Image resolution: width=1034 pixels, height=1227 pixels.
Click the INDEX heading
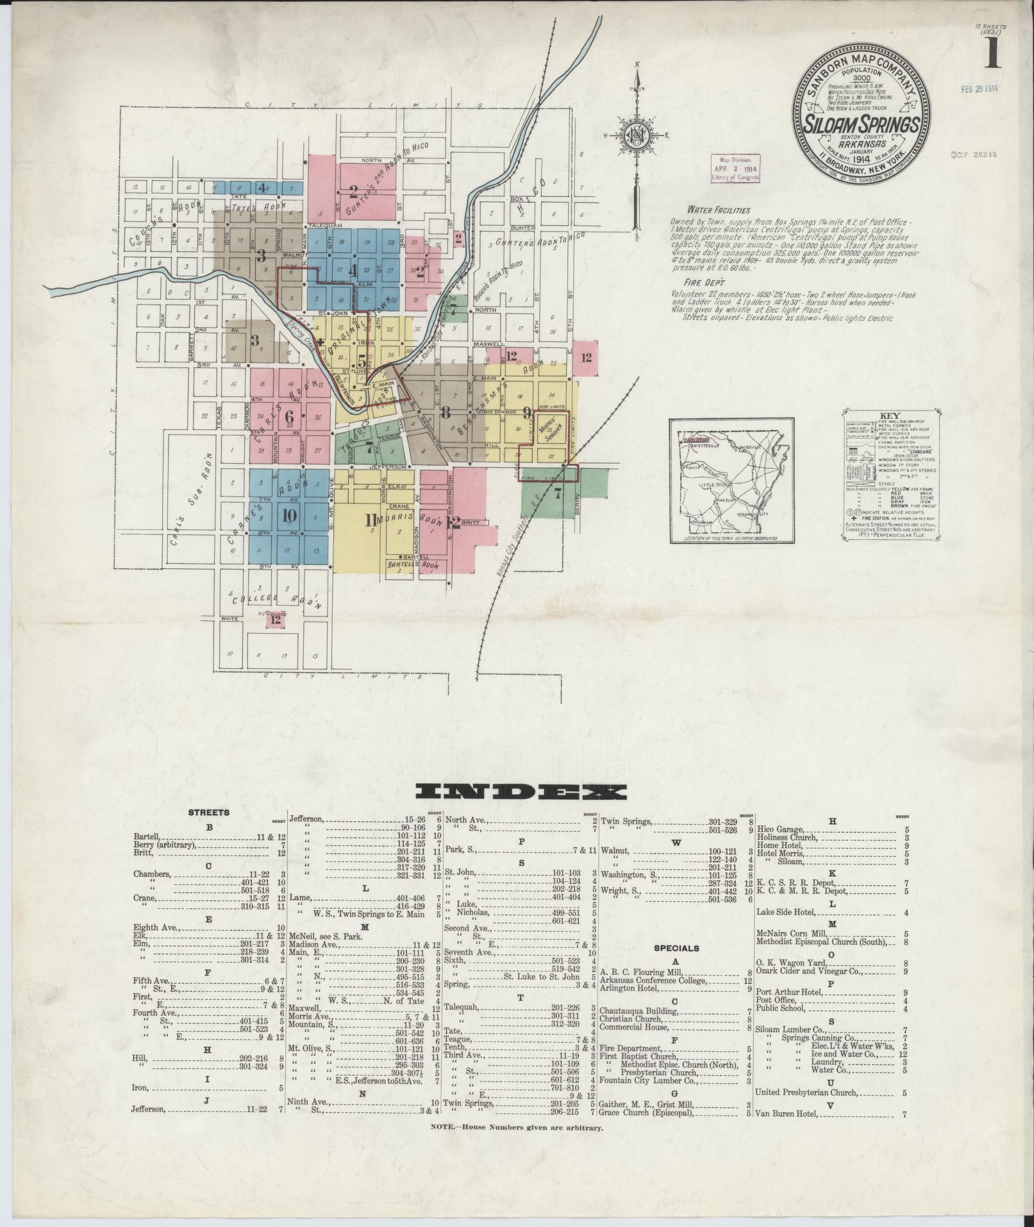520,791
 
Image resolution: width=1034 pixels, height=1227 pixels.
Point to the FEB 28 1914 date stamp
980,90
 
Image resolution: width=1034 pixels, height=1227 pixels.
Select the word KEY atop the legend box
890,415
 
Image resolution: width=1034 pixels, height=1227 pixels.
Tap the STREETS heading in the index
209,813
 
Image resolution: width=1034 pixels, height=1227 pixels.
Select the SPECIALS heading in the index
676,948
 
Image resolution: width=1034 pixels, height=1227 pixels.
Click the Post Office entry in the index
776,1018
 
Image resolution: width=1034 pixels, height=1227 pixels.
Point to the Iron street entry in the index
140,1087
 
